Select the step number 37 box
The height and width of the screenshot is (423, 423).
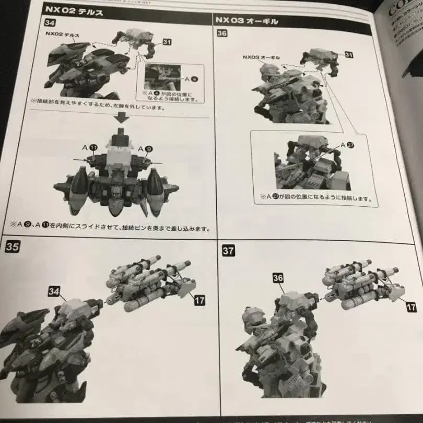click(x=228, y=251)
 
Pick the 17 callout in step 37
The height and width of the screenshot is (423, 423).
click(x=411, y=307)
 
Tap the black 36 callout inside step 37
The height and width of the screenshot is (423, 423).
click(x=278, y=278)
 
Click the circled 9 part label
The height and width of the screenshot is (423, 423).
click(x=149, y=149)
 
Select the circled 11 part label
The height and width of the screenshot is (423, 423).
click(x=92, y=148)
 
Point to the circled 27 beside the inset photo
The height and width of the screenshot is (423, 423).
click(x=350, y=145)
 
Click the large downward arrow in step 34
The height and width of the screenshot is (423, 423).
click(x=122, y=119)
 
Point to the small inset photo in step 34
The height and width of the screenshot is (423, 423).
click(x=162, y=77)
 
